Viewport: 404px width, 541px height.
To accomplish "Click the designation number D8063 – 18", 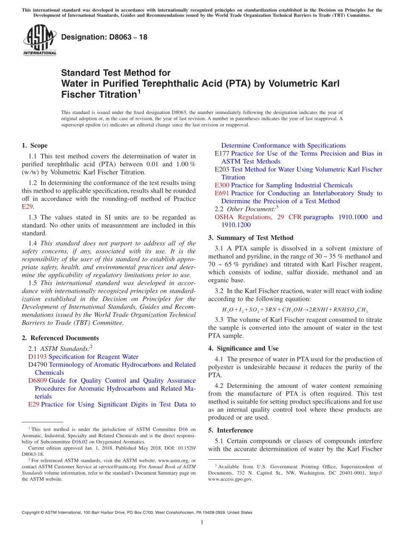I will [x=104, y=37].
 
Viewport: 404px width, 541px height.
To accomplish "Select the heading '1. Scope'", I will [x=34, y=145].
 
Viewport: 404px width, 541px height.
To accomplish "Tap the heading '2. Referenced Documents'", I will [x=60, y=338].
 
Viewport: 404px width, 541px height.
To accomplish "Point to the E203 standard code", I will [x=222, y=169].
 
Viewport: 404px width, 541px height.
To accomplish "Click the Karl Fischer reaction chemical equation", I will [x=295, y=310].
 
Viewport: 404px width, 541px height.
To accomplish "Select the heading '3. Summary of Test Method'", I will [x=250, y=238].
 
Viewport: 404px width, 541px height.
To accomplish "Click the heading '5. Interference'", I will [x=230, y=430].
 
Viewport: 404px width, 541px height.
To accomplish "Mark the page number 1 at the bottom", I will [x=202, y=523].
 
